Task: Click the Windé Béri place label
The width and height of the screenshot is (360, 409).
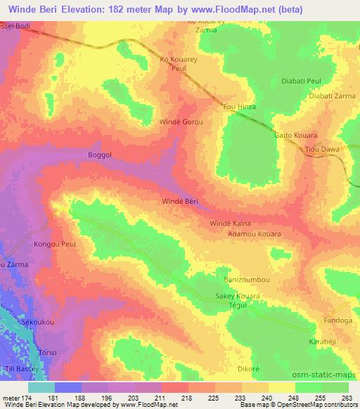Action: coord(181,201)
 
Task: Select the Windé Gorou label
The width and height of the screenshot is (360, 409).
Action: coord(181,122)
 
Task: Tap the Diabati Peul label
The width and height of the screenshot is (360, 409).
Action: coord(301,82)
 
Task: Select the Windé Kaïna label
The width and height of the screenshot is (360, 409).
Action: coord(231,223)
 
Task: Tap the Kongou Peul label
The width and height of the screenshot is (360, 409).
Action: coord(54,245)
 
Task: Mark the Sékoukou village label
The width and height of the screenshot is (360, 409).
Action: coord(38,320)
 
